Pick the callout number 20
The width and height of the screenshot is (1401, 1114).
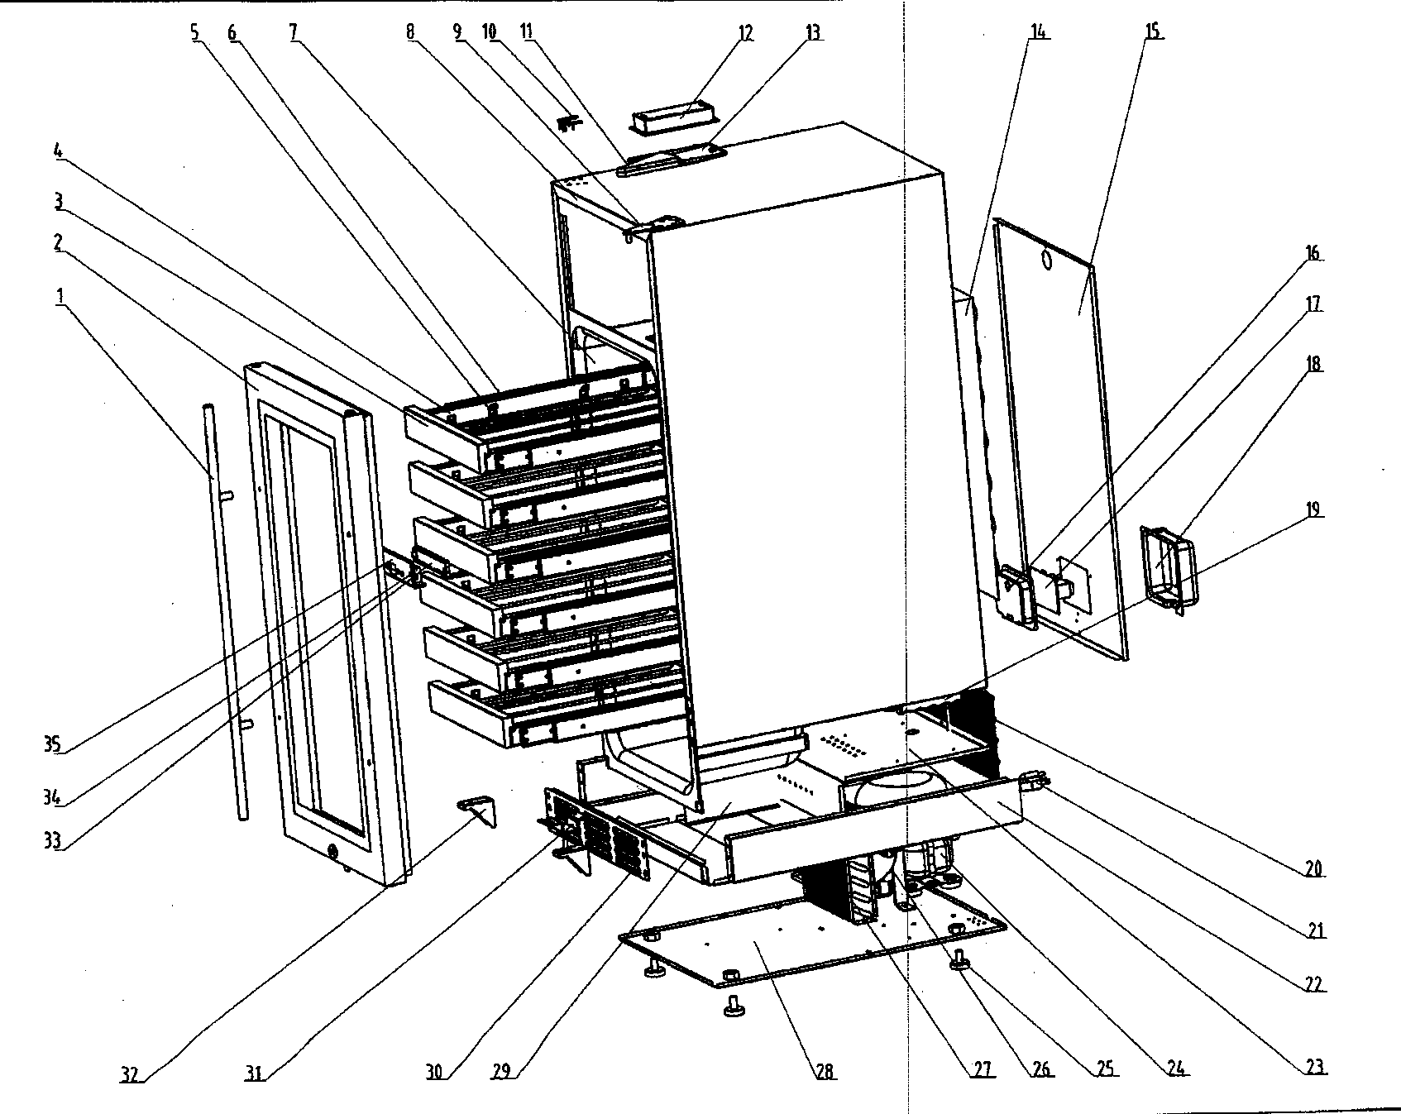coord(1314,869)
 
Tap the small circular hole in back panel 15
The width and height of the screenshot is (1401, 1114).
coord(1047,261)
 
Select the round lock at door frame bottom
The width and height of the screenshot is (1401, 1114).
coord(332,851)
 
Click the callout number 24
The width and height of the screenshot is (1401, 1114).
coord(1176,1069)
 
